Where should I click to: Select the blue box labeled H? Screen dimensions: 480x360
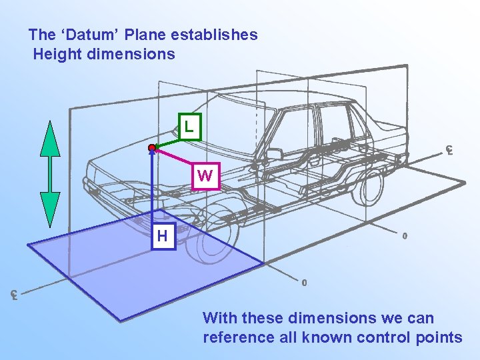[x=162, y=236]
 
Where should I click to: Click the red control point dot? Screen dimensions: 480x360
[x=153, y=147]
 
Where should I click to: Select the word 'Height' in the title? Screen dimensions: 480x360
[x=57, y=54]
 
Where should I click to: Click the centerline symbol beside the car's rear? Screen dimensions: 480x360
[x=450, y=150]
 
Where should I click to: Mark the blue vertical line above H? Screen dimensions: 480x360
[x=153, y=187]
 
